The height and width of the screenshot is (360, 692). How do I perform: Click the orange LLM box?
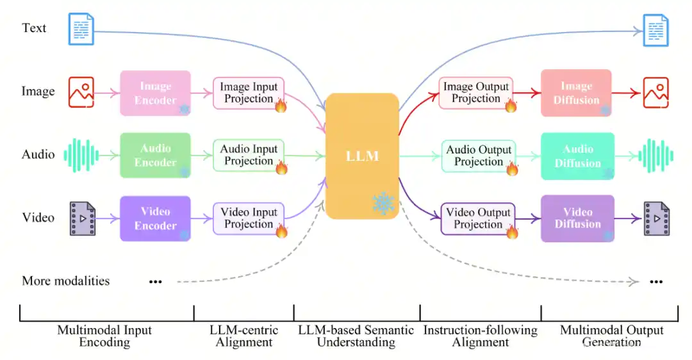click(362, 156)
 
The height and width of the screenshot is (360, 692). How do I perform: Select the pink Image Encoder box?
click(155, 93)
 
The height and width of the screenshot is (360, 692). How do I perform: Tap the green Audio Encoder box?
click(155, 156)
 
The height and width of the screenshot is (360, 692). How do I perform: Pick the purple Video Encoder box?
click(155, 218)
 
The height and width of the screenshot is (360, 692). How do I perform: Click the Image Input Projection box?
click(249, 93)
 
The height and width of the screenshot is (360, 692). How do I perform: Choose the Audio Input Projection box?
click(249, 156)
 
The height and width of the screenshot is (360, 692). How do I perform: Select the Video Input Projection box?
click(249, 218)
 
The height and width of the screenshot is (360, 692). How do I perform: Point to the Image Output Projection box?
click(476, 93)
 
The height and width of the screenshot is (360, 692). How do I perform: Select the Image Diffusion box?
click(577, 93)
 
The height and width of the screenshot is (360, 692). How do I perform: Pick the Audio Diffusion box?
click(577, 156)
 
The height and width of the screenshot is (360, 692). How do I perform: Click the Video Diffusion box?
click(577, 218)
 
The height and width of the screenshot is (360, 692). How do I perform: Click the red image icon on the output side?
click(656, 93)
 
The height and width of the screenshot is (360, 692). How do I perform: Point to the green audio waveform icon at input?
click(81, 155)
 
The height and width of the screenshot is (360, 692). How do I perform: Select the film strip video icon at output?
click(656, 218)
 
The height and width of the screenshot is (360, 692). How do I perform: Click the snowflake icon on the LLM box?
click(384, 203)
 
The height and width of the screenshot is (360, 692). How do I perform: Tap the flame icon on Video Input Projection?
click(281, 231)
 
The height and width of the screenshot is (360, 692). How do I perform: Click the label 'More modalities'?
click(66, 281)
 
